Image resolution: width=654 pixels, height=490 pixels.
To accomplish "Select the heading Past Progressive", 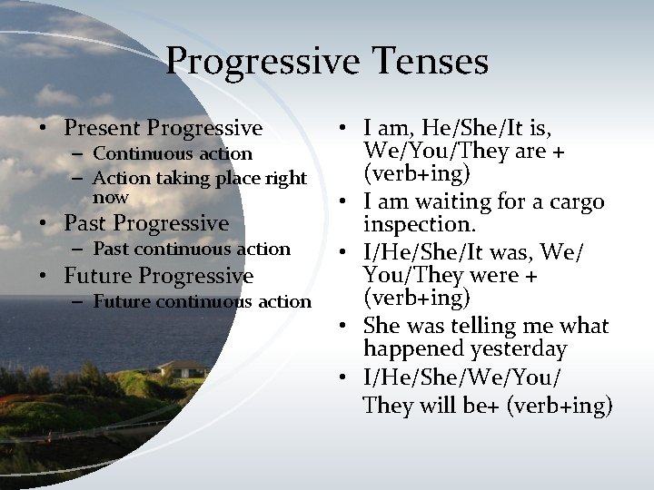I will coord(146,223).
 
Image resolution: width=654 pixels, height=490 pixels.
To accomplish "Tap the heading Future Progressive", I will coord(158,276).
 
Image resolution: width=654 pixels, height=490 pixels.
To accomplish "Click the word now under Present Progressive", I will coord(111,198).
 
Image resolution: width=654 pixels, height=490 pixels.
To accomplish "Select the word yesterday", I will coord(522,349).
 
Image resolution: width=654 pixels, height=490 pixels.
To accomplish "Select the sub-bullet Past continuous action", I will coord(192,249).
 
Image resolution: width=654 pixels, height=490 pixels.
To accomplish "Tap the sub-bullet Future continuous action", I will coord(202,301).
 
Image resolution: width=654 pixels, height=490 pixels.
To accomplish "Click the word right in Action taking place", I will coord(286,179).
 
